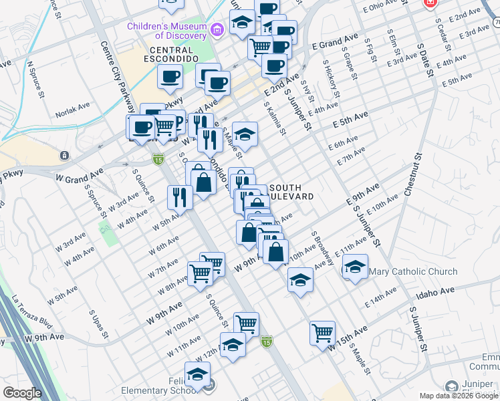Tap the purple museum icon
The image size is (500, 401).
point(216,30)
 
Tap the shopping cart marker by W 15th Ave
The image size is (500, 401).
point(322,332)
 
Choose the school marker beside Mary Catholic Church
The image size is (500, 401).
point(355,268)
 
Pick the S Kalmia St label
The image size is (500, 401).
point(275,118)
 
